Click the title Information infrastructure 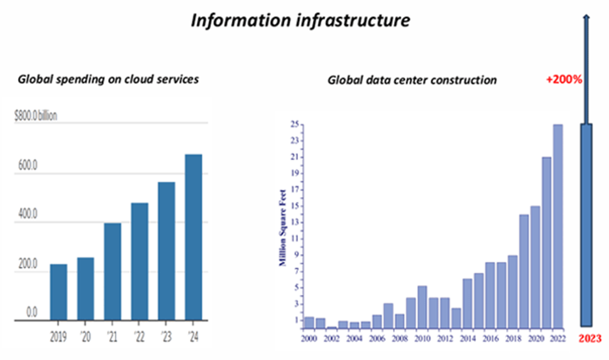tap(300, 20)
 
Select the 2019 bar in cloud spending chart tap(59, 292)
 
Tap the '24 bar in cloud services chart tap(193, 237)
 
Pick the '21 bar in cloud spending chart tap(112, 271)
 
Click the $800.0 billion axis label tap(36, 116)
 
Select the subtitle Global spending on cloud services tap(108, 79)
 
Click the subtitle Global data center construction tap(412, 80)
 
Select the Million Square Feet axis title tap(283, 227)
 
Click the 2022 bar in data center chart tap(558, 226)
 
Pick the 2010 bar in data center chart tap(422, 306)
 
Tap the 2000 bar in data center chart tap(309, 322)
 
